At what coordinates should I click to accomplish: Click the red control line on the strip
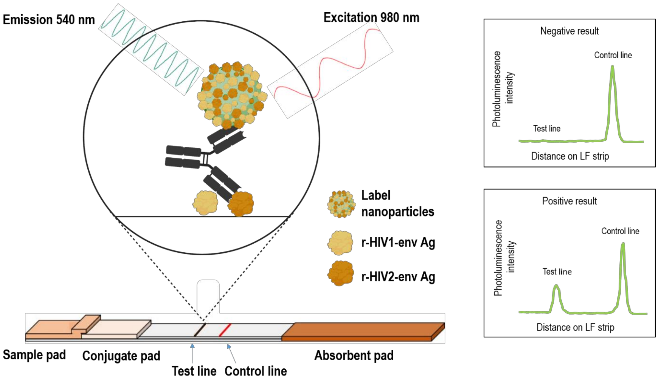[x=225, y=330]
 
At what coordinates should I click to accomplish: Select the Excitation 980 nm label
[x=371, y=18]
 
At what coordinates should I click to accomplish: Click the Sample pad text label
[x=34, y=355]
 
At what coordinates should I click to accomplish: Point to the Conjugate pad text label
[x=121, y=356]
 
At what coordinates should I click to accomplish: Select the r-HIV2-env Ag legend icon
[x=340, y=273]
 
